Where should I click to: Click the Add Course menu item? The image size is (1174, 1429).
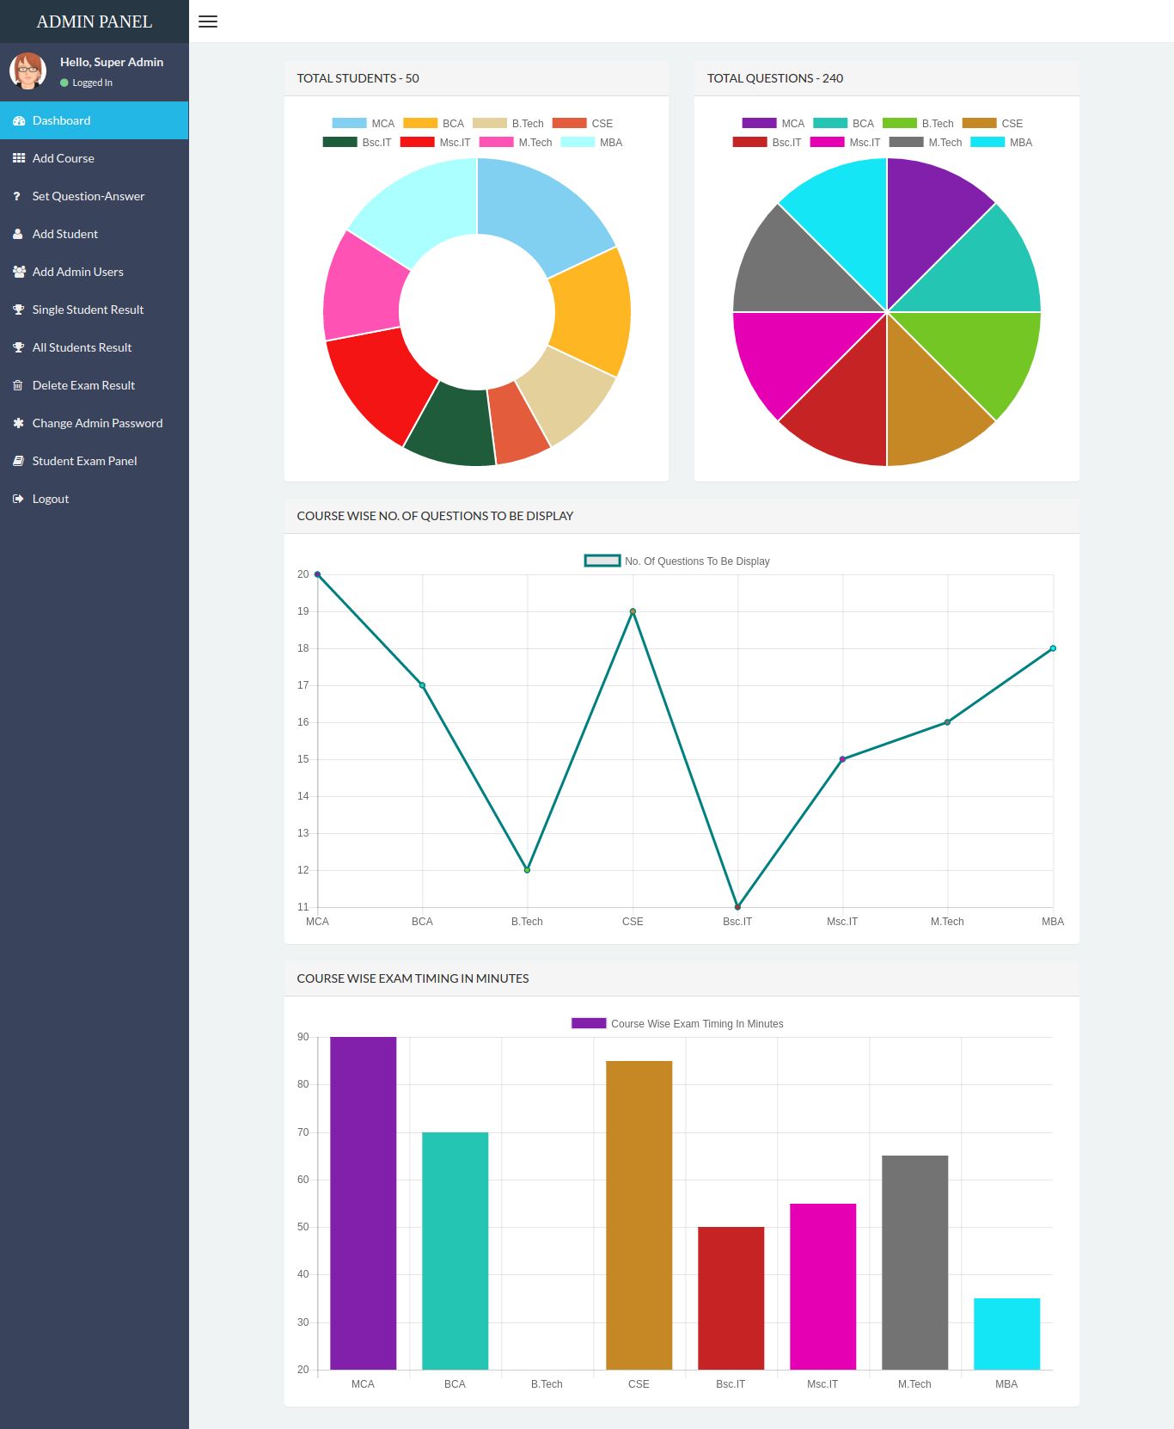click(x=63, y=158)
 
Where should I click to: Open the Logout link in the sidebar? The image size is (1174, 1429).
click(x=50, y=499)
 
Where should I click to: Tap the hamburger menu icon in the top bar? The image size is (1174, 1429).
click(x=208, y=21)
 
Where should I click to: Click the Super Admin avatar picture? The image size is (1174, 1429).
click(x=28, y=71)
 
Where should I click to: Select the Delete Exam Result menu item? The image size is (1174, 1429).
click(x=83, y=385)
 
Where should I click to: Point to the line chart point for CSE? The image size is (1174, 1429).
click(x=633, y=611)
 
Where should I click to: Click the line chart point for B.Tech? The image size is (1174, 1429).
click(x=527, y=870)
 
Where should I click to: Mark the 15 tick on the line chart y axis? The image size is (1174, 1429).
click(x=303, y=759)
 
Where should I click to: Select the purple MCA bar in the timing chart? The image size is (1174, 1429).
click(x=363, y=1204)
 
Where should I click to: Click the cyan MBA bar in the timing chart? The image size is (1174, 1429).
click(x=1006, y=1334)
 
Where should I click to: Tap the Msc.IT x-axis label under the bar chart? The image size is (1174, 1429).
click(x=822, y=1384)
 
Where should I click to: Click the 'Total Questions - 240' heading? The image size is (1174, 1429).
click(x=774, y=78)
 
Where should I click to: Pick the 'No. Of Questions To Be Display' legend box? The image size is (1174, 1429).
click(x=602, y=561)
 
